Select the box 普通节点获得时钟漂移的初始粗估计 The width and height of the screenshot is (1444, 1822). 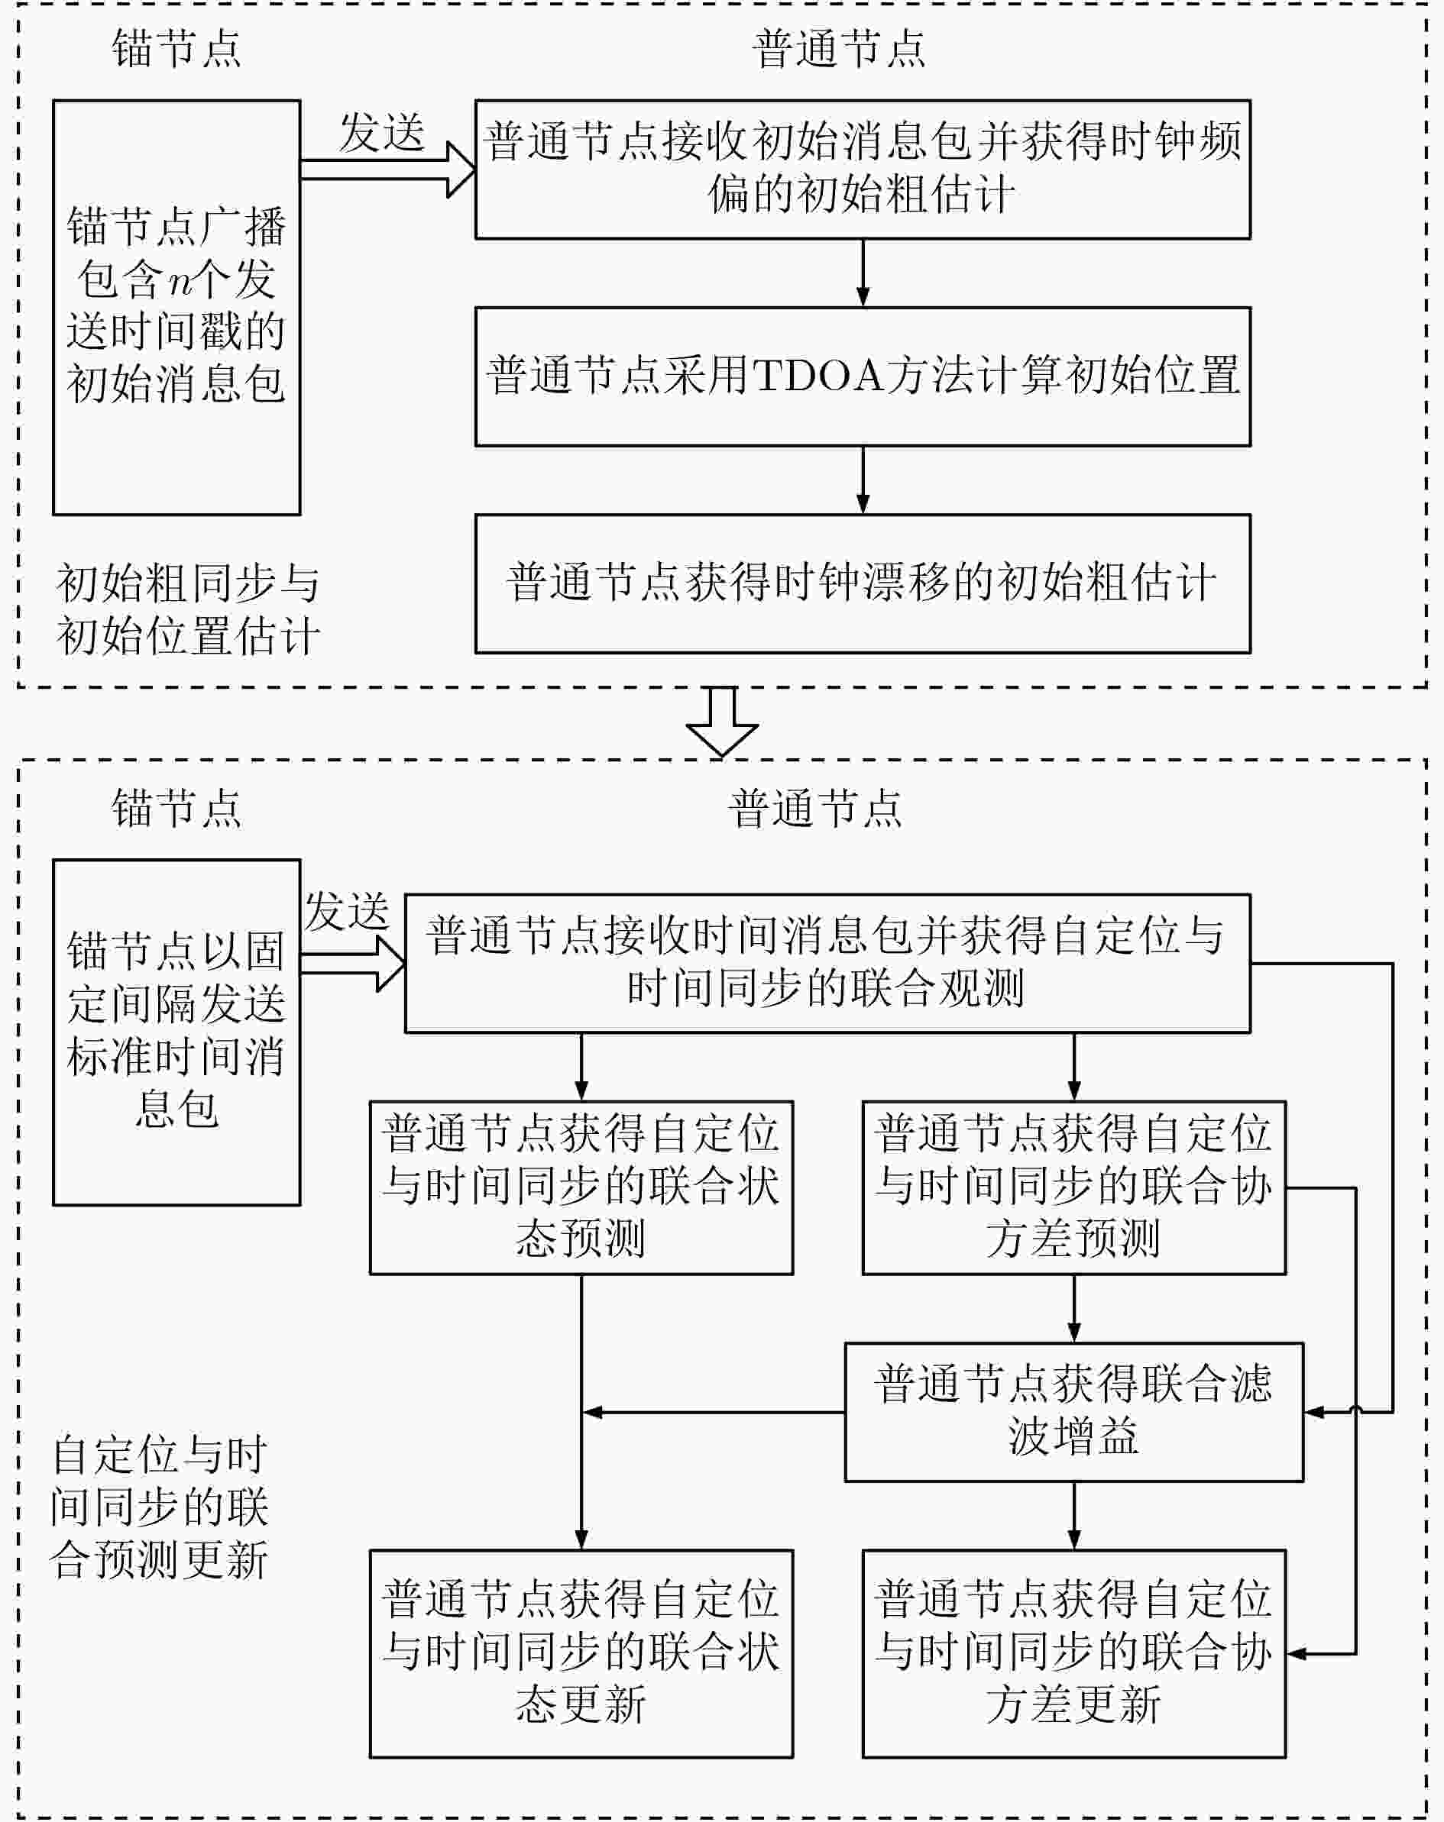click(x=863, y=584)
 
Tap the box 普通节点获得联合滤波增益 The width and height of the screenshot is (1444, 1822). click(x=1073, y=1411)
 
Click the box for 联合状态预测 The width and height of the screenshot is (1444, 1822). click(x=581, y=1187)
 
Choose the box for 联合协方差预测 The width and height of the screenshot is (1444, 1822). click(x=1073, y=1187)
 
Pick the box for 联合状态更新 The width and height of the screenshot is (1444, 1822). click(x=581, y=1654)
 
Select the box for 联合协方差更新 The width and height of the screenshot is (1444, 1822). click(x=1073, y=1654)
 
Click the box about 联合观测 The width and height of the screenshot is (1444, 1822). click(x=827, y=964)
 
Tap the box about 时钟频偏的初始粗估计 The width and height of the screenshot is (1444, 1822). click(x=863, y=169)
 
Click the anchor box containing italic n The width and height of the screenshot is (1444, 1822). click(x=176, y=308)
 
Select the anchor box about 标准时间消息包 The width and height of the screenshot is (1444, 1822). click(x=176, y=1032)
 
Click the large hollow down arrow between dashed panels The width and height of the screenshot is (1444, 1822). click(x=722, y=722)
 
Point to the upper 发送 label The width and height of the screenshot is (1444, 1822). click(x=381, y=134)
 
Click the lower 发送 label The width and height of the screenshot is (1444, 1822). click(x=347, y=911)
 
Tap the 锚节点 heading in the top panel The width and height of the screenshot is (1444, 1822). click(x=176, y=48)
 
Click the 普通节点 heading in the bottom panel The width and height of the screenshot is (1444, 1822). click(x=816, y=808)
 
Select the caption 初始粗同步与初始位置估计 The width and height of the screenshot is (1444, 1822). click(x=188, y=610)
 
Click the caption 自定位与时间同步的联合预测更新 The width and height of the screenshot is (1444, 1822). click(x=159, y=1507)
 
